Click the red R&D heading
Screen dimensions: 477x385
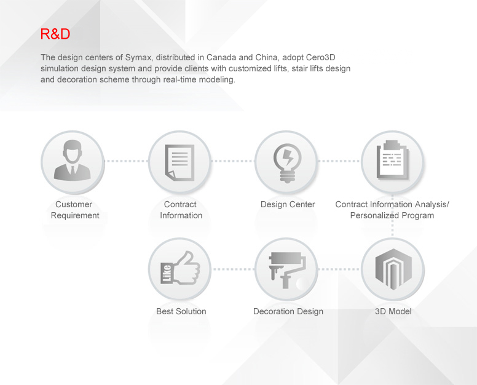[x=55, y=34]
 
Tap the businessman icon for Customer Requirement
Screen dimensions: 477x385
[x=73, y=160]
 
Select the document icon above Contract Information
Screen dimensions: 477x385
[x=179, y=162]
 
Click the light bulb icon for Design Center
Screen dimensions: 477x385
[x=287, y=163]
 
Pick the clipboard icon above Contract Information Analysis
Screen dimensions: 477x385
[x=393, y=160]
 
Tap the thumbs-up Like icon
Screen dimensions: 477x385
[x=180, y=268]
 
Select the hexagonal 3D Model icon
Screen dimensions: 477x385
[x=393, y=269]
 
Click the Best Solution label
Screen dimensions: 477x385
[x=181, y=311]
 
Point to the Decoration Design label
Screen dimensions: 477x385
[x=288, y=312]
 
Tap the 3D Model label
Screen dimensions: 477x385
[x=393, y=311]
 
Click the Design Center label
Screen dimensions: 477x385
[x=288, y=204]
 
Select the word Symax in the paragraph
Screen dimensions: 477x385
[x=138, y=58]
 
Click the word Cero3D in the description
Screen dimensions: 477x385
[x=321, y=57]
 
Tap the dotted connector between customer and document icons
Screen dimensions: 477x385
[x=126, y=161]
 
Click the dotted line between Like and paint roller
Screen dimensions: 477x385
[x=234, y=269]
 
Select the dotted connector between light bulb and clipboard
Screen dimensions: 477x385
[x=339, y=161]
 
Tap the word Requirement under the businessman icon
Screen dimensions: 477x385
[x=75, y=215]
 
